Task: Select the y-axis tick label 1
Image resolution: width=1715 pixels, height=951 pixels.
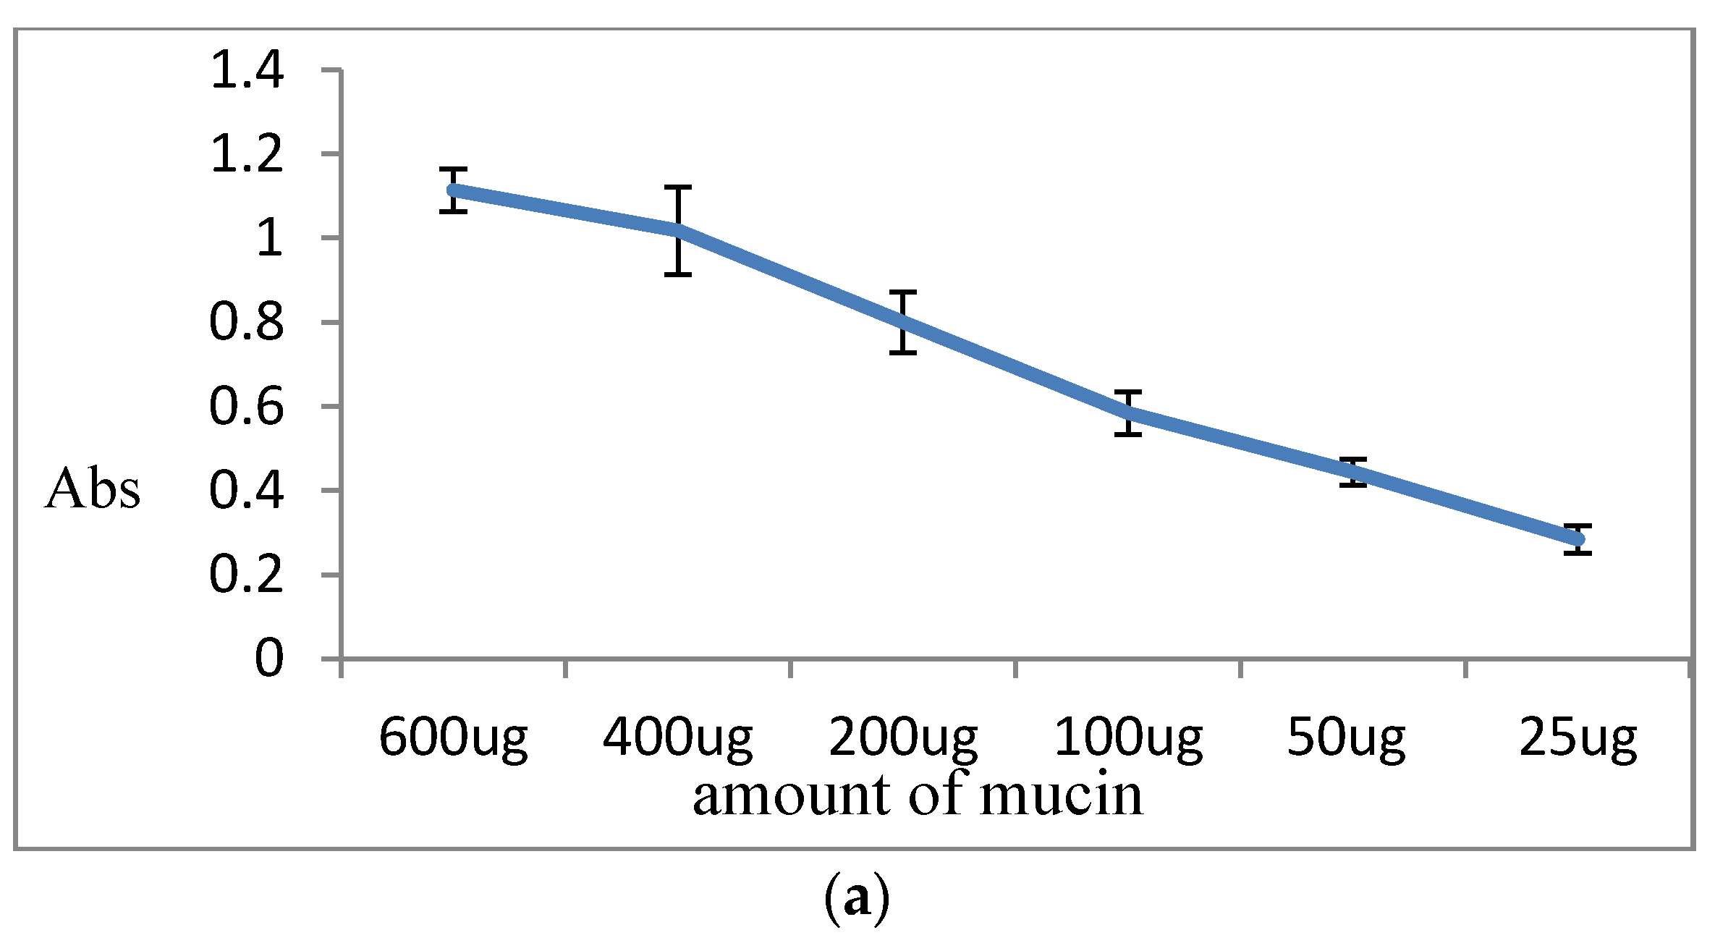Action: coord(269,239)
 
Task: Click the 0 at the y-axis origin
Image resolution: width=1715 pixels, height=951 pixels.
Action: coord(269,659)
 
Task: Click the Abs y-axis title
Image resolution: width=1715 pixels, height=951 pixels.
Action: coord(92,490)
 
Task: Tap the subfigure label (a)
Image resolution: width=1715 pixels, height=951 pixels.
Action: coord(857,900)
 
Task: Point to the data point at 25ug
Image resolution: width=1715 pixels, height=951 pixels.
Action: coord(1578,539)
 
